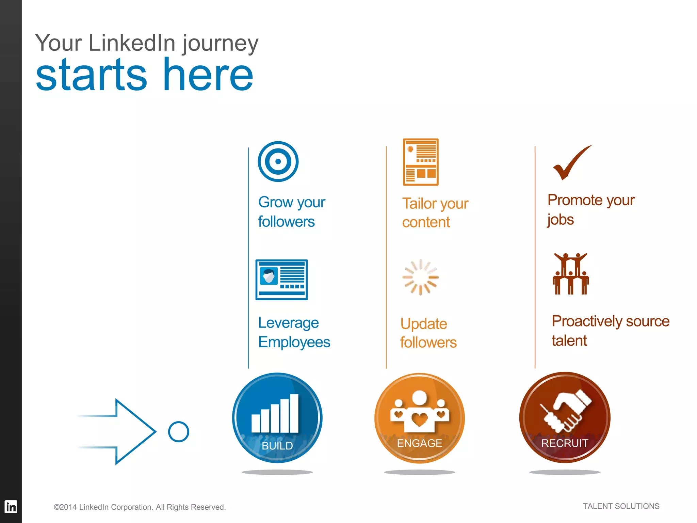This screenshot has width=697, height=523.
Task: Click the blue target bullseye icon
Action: [278, 161]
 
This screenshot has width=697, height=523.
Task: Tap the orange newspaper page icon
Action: [421, 162]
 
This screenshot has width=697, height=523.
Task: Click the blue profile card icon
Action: [281, 280]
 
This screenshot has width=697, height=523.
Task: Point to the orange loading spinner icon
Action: [420, 277]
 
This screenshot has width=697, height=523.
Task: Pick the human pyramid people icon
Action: [571, 274]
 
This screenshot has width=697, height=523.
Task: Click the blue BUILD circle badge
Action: [277, 418]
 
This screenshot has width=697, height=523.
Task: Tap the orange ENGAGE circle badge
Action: [419, 418]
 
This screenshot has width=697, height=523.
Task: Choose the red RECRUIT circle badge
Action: [565, 417]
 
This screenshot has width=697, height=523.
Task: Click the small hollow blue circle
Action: [178, 432]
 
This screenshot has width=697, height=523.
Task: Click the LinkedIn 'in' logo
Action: [11, 507]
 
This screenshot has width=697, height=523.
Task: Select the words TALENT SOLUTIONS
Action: [621, 506]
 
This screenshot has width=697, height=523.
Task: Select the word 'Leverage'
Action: [288, 323]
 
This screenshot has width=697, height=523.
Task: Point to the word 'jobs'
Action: [561, 220]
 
